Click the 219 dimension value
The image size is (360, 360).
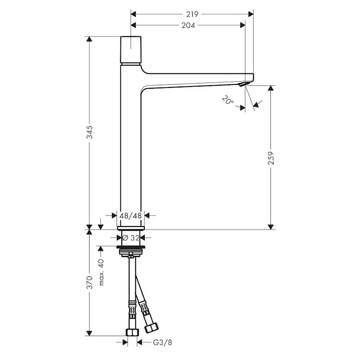click(188, 14)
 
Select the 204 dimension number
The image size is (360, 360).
click(188, 25)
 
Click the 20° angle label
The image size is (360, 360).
click(227, 100)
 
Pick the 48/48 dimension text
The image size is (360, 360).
click(131, 215)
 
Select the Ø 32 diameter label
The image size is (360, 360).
click(131, 237)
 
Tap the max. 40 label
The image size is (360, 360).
click(101, 272)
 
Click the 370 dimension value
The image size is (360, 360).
click(90, 283)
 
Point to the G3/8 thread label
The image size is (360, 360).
click(163, 343)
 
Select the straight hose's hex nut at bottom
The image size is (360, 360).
click(132, 332)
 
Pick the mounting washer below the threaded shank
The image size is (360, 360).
click(131, 251)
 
